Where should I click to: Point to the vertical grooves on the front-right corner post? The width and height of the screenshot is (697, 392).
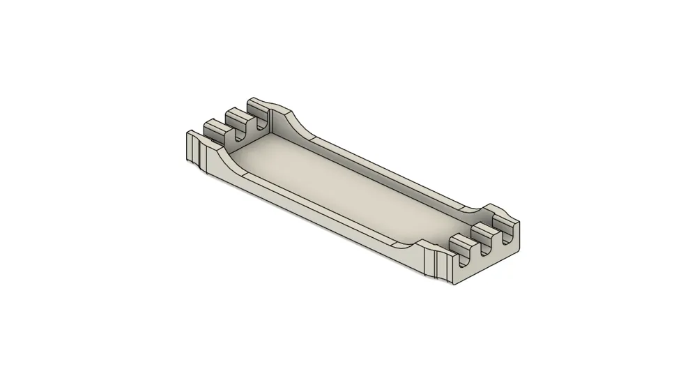click(x=439, y=265)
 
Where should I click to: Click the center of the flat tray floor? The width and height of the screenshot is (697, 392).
click(x=348, y=188)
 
